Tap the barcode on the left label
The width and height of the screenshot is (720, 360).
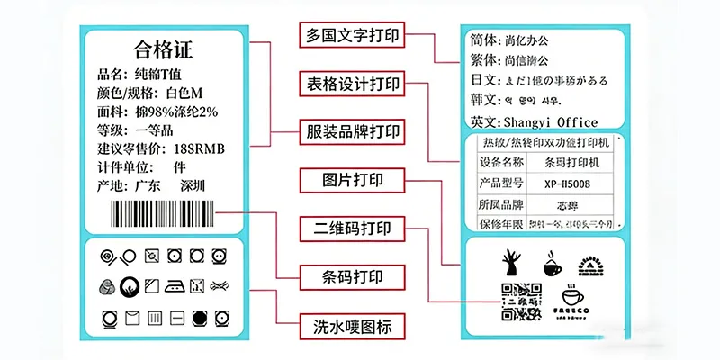(x=162, y=214)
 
